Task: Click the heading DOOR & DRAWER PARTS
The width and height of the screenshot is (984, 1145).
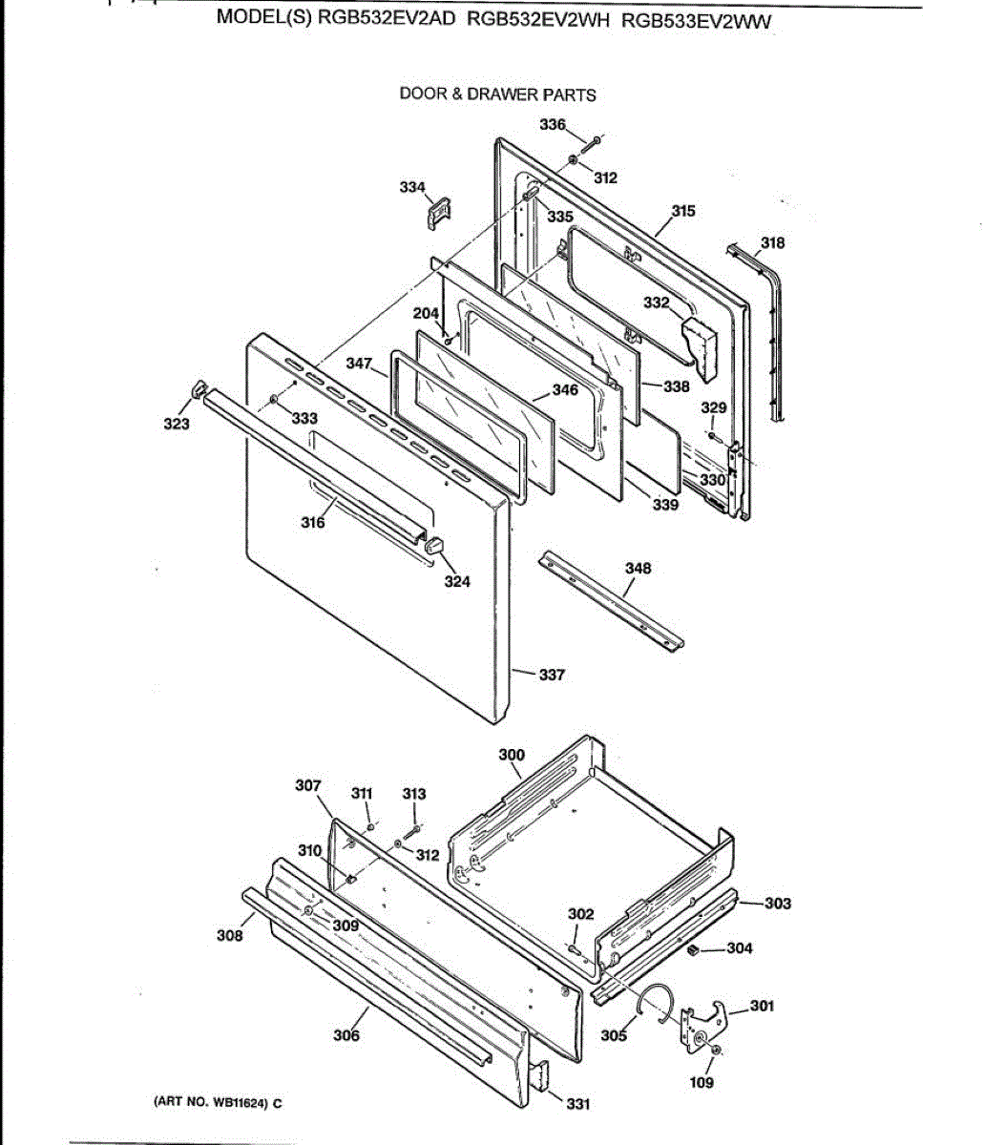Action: pos(497,94)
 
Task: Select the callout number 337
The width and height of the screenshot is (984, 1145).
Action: pos(552,675)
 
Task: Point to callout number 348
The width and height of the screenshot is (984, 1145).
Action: pos(638,569)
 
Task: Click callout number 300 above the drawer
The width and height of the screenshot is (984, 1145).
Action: pos(512,755)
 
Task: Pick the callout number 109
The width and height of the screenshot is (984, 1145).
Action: pos(701,1082)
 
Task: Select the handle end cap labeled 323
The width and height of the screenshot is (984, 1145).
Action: pos(198,387)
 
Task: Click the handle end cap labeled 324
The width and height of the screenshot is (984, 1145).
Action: pos(434,546)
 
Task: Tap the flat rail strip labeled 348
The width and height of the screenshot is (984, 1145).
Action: pos(611,602)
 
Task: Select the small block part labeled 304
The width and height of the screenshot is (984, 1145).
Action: pos(693,949)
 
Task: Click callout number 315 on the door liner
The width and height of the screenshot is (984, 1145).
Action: pos(683,212)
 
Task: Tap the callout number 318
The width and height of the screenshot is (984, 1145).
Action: pos(772,243)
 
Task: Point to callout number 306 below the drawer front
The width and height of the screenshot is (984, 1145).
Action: pos(346,1035)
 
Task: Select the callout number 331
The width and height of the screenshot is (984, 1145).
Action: pos(577,1104)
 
